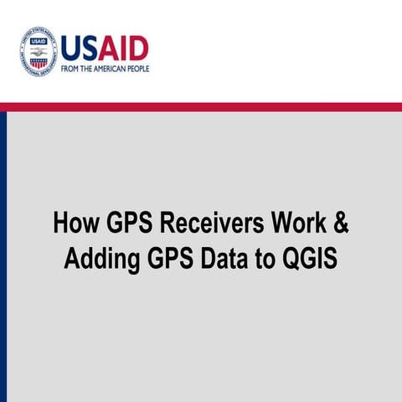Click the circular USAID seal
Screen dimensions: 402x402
[38, 52]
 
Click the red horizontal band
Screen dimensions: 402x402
[201, 106]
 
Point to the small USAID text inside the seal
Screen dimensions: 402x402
[38, 41]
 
